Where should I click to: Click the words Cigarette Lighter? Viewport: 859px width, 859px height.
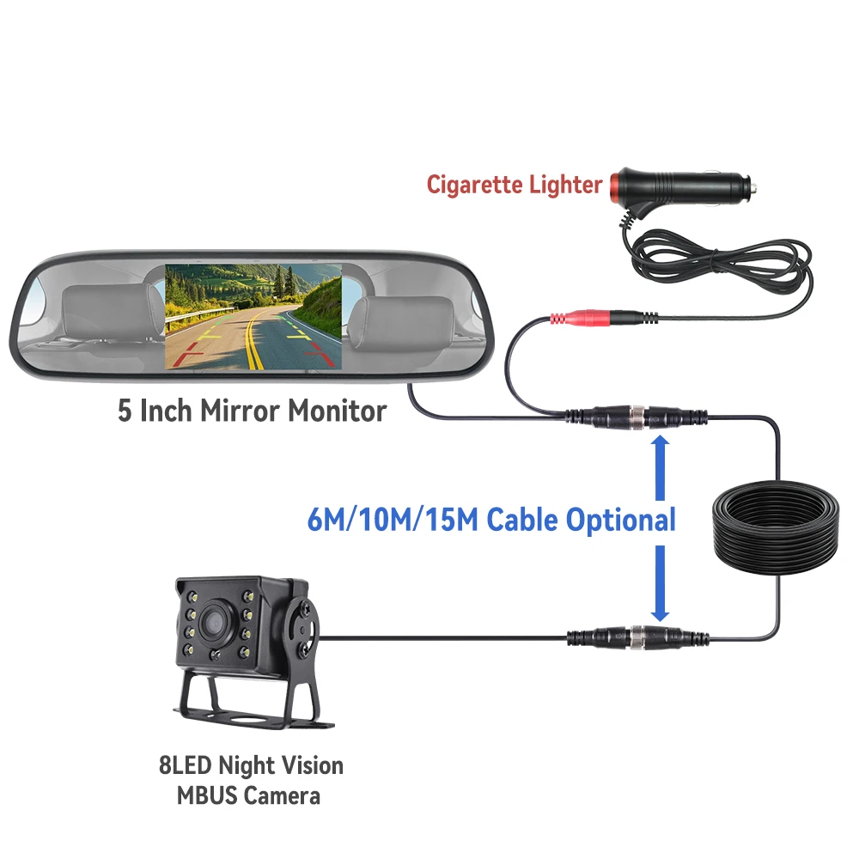point(515,185)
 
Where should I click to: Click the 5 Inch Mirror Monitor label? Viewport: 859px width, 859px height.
point(252,411)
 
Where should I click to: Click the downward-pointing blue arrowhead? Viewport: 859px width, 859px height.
point(660,611)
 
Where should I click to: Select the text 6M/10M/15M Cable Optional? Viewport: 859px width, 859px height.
point(490,520)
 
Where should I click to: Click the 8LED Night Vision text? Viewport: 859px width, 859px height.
point(251,765)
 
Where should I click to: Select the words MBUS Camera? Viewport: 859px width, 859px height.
point(248,795)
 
